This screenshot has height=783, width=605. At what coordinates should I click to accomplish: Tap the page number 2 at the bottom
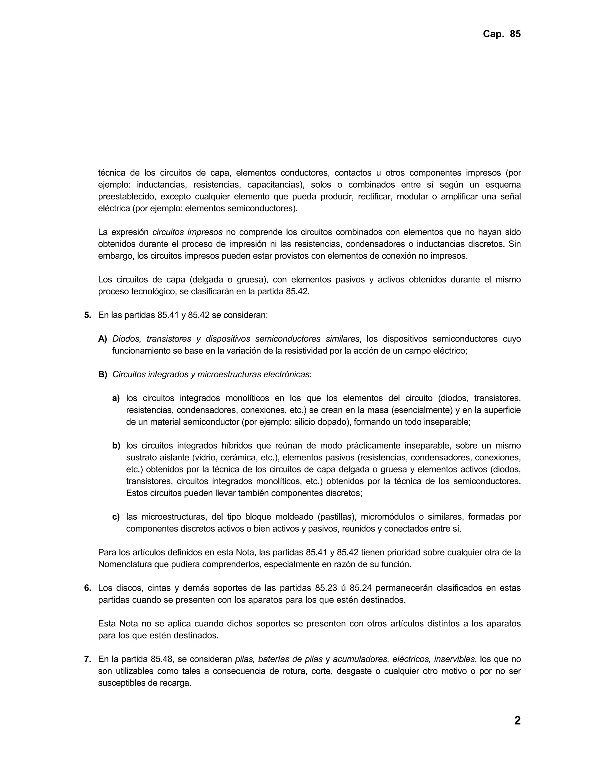(x=517, y=720)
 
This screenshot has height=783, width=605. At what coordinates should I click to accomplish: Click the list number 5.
(x=87, y=315)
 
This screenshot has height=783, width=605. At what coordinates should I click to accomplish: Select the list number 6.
(x=87, y=588)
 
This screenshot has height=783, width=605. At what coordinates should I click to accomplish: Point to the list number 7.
(x=87, y=659)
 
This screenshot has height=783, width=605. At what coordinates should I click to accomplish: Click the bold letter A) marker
(x=103, y=339)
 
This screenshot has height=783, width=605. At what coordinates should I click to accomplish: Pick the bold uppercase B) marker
(x=103, y=374)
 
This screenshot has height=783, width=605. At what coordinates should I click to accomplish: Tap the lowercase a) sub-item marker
(x=116, y=398)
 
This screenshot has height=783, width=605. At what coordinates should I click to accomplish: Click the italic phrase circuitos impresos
(x=188, y=232)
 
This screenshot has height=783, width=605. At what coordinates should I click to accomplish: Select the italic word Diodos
(x=126, y=339)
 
